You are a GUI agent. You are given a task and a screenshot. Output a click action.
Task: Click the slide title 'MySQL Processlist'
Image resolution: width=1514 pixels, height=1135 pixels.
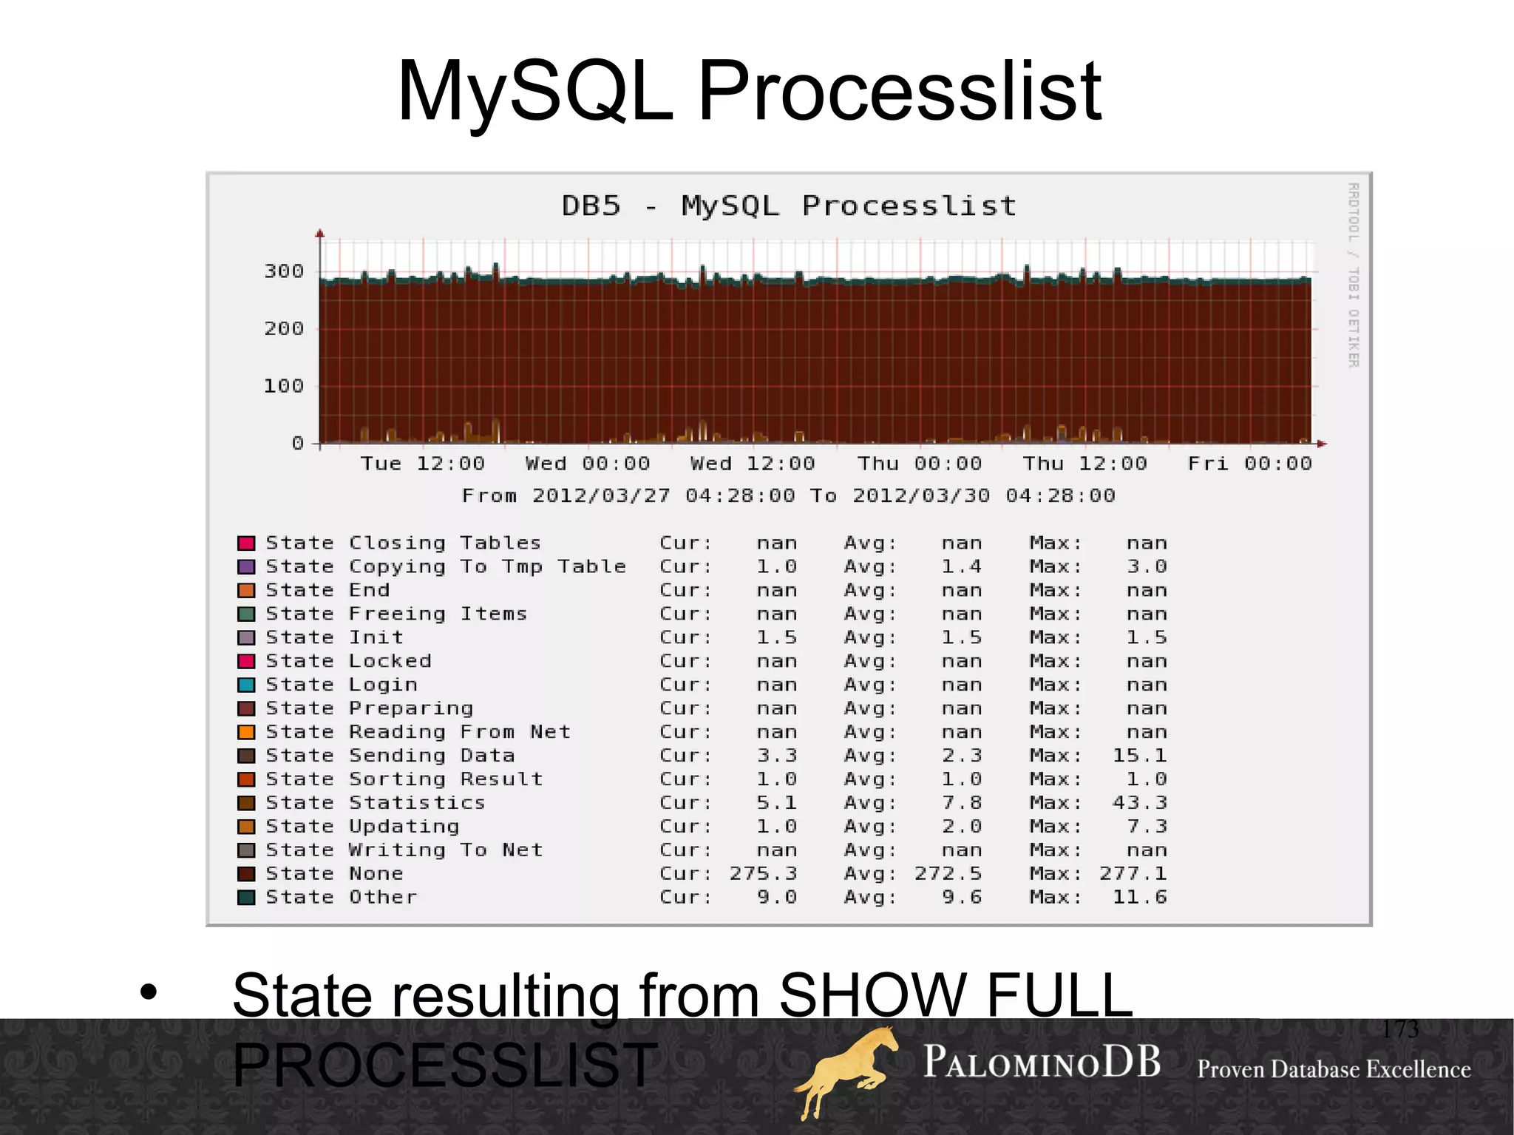tap(749, 92)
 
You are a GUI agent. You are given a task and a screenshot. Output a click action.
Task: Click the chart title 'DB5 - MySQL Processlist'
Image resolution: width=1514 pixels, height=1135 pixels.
tap(789, 206)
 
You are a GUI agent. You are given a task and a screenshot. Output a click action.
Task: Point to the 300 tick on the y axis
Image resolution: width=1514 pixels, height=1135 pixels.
tap(284, 271)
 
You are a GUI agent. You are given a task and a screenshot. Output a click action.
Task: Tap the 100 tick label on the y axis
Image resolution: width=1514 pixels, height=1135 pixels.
tap(284, 386)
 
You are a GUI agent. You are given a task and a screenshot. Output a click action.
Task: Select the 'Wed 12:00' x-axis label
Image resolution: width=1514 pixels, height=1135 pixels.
tap(752, 464)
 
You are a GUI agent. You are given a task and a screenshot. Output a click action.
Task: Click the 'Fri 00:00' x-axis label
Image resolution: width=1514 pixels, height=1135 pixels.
tap(1249, 464)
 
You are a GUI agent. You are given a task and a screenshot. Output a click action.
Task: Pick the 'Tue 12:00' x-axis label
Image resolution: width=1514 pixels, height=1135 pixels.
tap(422, 464)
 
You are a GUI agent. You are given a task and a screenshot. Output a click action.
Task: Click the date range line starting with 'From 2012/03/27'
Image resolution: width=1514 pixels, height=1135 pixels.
tap(788, 495)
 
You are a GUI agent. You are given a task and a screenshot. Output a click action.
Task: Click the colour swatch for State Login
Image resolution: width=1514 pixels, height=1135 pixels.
tap(246, 685)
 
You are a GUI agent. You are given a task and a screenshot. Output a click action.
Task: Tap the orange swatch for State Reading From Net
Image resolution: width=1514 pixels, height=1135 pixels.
tap(246, 732)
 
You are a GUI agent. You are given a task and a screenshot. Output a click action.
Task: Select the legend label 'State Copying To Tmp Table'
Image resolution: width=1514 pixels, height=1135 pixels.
tap(446, 566)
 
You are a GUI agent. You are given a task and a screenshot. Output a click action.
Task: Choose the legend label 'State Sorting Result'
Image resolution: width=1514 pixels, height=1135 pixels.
tap(404, 779)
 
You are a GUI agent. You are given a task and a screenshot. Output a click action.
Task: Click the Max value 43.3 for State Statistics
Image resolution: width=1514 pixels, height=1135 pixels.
tap(1139, 803)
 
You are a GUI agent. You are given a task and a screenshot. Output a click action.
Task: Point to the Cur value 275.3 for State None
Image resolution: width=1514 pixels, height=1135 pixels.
tap(763, 874)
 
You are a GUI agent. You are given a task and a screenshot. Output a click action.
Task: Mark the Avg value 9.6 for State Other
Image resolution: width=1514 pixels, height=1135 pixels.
tap(961, 898)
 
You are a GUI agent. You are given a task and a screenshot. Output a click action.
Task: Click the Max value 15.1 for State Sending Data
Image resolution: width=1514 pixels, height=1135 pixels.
tap(1139, 756)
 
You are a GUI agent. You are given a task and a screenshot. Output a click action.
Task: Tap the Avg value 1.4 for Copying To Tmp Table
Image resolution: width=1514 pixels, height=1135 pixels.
tap(961, 566)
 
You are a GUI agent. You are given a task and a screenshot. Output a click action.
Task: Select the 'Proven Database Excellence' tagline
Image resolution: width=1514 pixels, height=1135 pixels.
tap(1334, 1069)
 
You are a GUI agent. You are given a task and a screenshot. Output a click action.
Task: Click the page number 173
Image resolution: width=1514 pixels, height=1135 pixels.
tap(1400, 1029)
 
